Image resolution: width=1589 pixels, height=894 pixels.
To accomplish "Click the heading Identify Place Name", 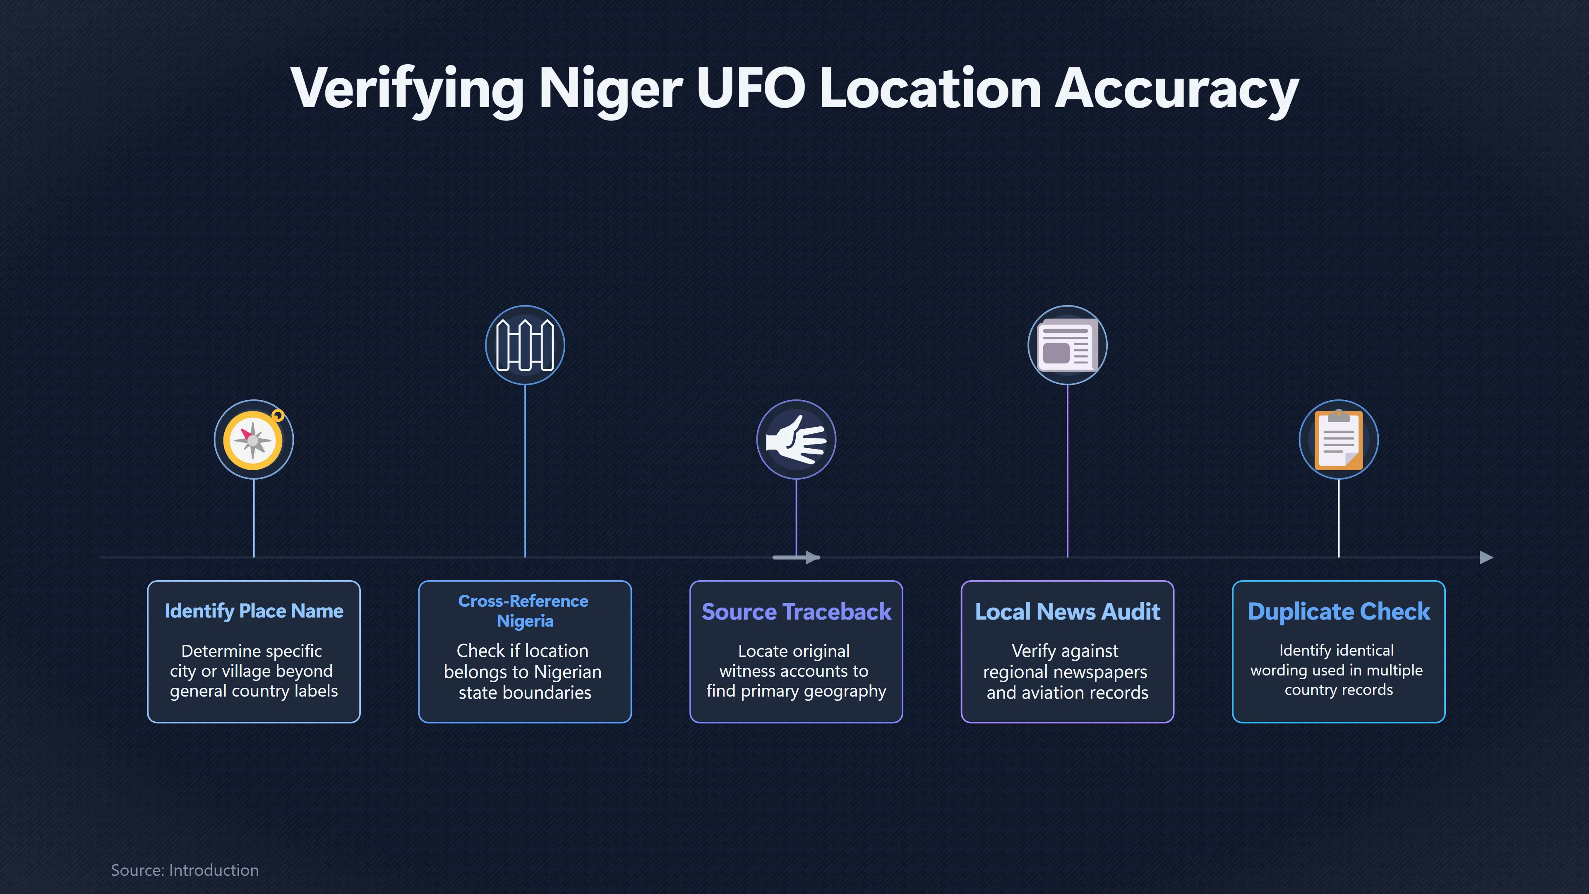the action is coord(254,611).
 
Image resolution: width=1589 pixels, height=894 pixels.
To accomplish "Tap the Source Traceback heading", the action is coord(796,611).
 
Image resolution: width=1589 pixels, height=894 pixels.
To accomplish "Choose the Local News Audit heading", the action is coord(1067,611).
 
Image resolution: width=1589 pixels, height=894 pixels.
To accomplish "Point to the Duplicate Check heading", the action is coord(1339,611).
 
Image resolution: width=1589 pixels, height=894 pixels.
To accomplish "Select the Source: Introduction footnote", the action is coord(185,870).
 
